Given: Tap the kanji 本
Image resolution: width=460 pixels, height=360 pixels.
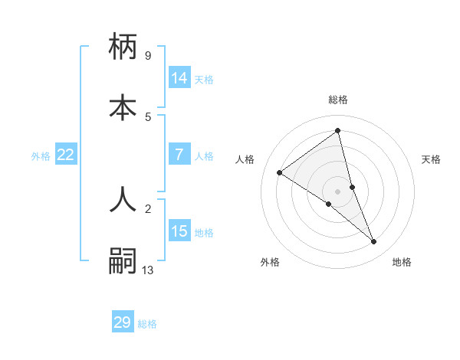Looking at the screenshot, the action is (x=123, y=107).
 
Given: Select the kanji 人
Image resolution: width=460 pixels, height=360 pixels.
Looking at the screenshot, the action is (x=123, y=198).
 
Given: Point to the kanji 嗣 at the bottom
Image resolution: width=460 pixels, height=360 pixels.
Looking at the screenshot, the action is (x=123, y=261).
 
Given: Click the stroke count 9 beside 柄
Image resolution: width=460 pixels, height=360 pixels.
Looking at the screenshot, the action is (x=147, y=55).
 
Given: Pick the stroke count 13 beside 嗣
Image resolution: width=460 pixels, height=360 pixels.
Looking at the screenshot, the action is (x=148, y=270).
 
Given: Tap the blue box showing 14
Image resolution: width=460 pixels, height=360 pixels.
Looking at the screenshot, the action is (x=179, y=78).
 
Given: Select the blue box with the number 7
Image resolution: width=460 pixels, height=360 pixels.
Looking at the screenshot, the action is (x=179, y=155).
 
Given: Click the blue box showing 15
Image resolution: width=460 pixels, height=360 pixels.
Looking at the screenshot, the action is (x=179, y=231).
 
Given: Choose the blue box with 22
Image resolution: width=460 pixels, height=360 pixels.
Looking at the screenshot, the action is (x=66, y=155).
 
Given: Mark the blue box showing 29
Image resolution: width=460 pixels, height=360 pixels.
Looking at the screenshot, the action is (x=123, y=322).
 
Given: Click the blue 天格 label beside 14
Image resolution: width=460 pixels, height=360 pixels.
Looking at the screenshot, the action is (x=204, y=79).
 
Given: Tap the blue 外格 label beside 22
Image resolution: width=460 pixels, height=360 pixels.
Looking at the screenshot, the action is (x=41, y=155).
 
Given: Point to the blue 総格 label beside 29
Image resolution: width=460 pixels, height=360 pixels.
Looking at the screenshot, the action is (x=147, y=324).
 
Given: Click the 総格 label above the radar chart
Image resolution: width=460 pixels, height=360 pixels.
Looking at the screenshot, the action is (x=338, y=100).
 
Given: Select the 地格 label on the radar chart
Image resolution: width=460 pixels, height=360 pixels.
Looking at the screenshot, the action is (x=402, y=262).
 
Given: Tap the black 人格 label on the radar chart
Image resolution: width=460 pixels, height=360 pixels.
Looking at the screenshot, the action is (x=245, y=159).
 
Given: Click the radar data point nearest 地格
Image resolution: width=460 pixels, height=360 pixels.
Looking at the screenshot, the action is (x=374, y=242).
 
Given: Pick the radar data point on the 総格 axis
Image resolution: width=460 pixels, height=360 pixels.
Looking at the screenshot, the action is (x=338, y=130).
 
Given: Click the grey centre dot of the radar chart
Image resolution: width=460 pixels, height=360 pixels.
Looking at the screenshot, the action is (x=338, y=191).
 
